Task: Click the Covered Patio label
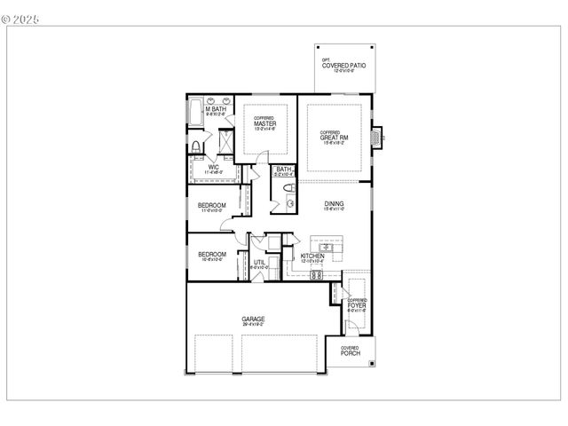point(343,67)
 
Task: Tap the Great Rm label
point(334,137)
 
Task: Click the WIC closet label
point(213,167)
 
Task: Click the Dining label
point(334,205)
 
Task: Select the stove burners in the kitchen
point(315,274)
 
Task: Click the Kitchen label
point(313,256)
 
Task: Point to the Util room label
point(260,263)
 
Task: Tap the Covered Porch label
point(351,351)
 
